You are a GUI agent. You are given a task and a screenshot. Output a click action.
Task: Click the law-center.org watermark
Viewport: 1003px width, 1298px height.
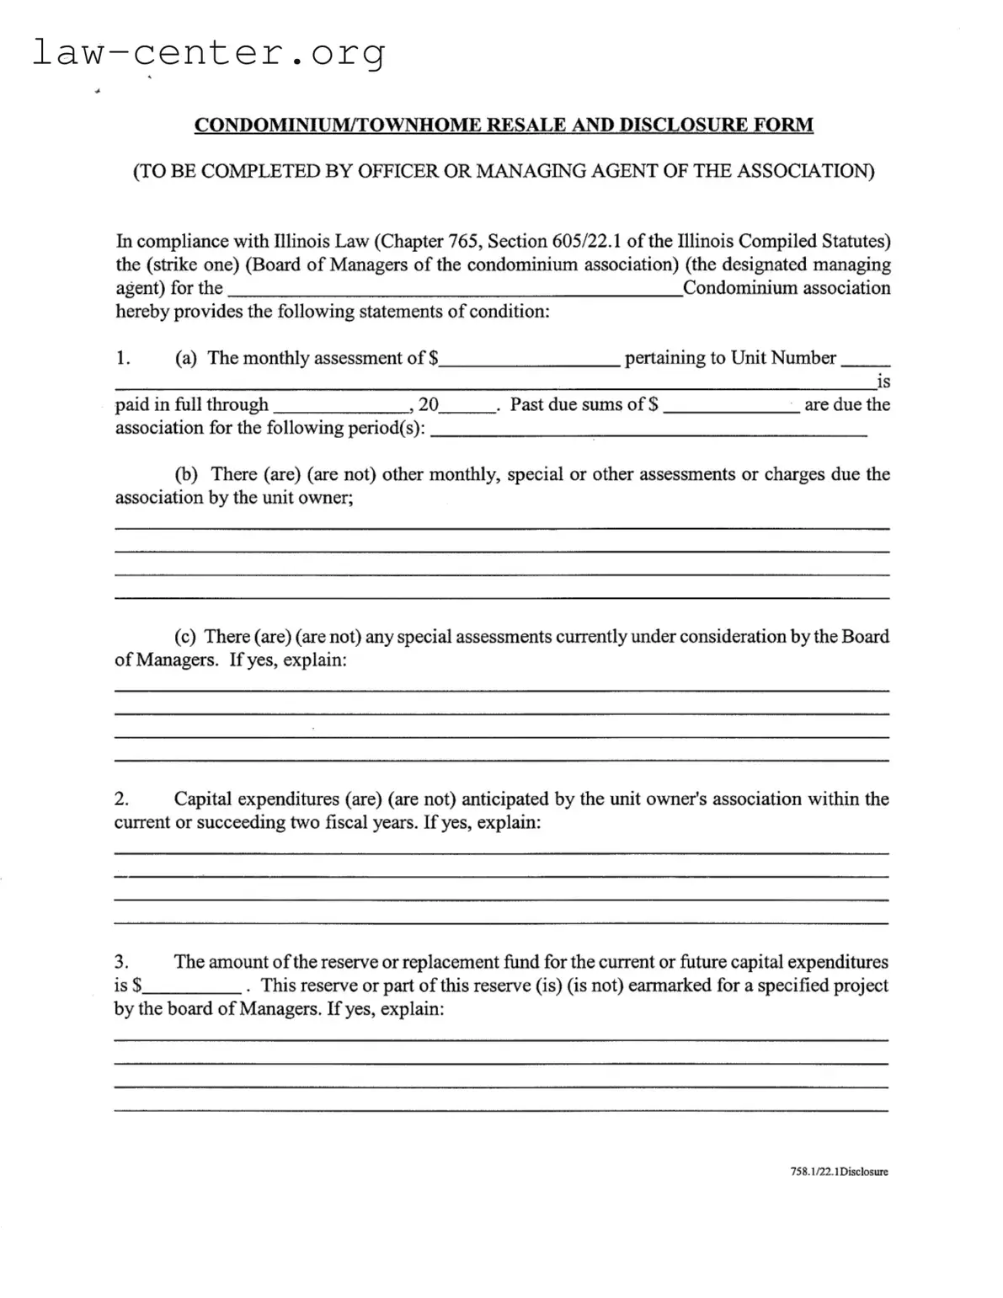(209, 53)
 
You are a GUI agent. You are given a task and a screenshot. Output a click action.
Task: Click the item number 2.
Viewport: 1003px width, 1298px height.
(121, 799)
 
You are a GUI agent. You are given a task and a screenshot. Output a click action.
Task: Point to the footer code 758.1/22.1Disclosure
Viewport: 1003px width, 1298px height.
(839, 1172)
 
